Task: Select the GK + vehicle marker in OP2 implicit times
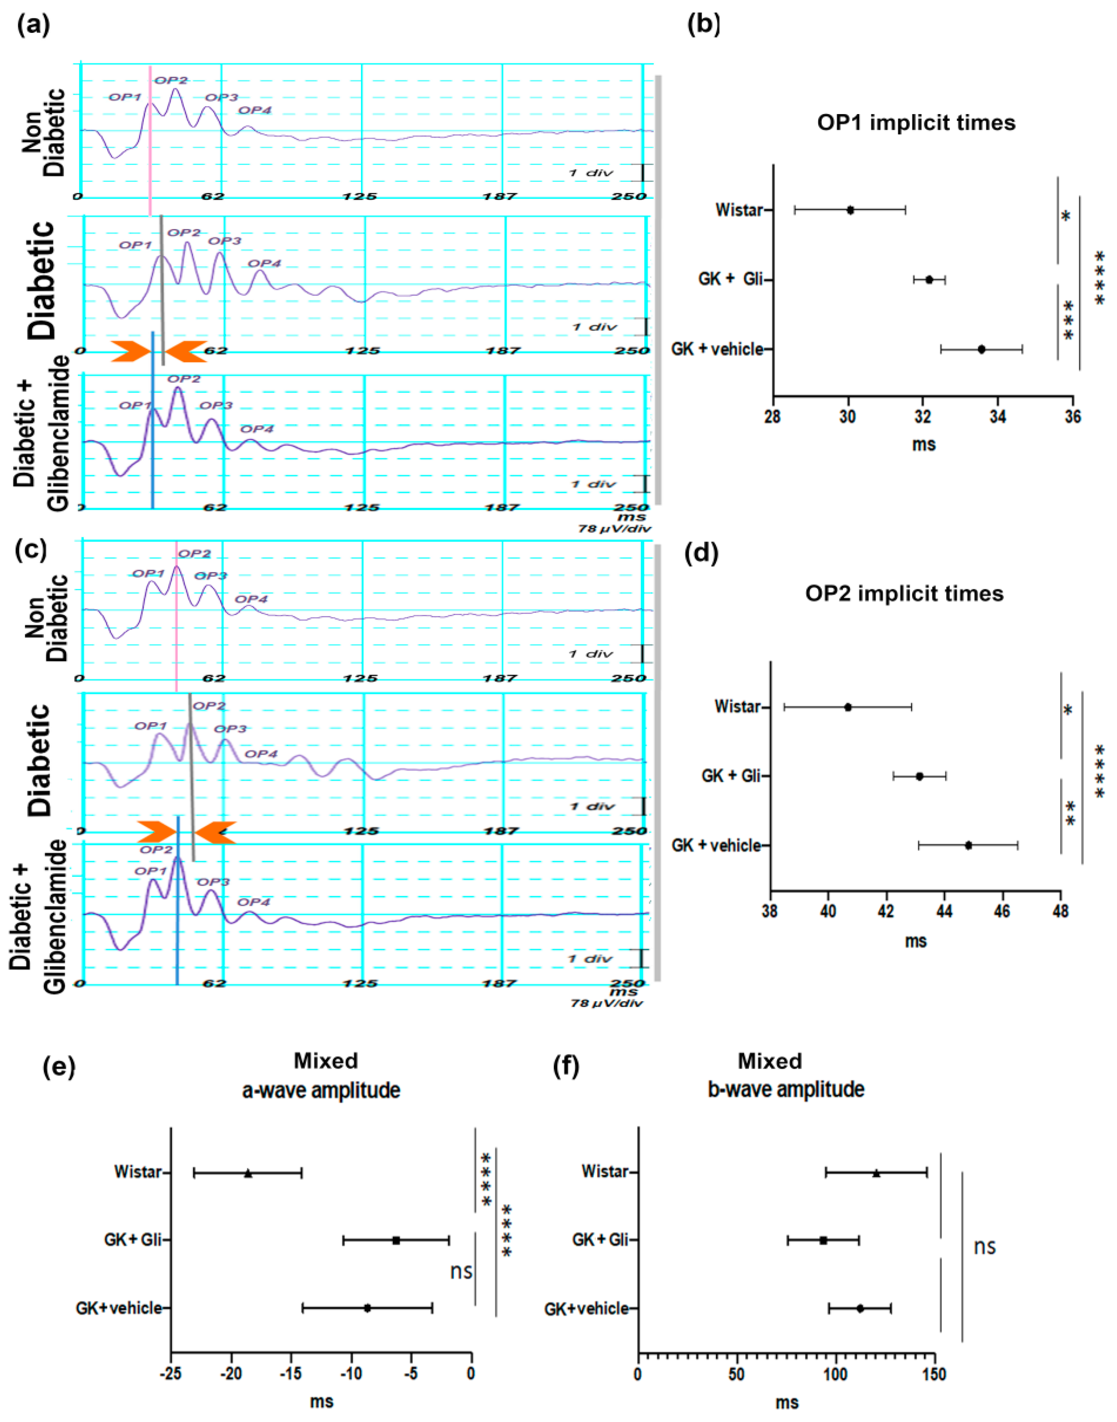(968, 845)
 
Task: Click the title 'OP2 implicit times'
(904, 593)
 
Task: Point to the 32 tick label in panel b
(923, 417)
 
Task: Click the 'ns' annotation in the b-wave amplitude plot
(984, 1246)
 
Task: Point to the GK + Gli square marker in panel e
(396, 1240)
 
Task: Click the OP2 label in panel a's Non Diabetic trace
(171, 80)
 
